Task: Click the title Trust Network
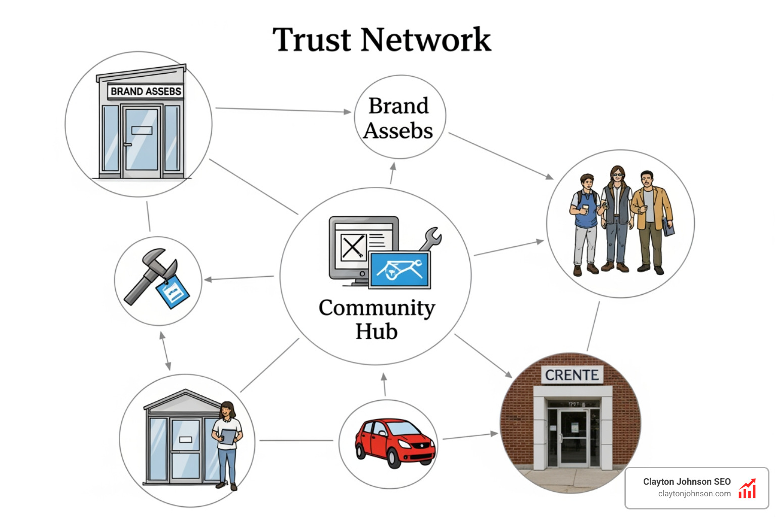[381, 40]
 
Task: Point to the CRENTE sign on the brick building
[572, 375]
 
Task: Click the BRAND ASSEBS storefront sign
[145, 91]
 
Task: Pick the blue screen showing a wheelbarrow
[400, 270]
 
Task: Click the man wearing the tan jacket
[651, 220]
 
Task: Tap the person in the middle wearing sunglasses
[616, 217]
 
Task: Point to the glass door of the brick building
[573, 437]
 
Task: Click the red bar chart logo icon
[747, 488]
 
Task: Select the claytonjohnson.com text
[694, 494]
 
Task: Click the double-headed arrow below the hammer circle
[165, 351]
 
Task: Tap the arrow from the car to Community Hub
[384, 384]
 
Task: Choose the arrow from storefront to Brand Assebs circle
[283, 110]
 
